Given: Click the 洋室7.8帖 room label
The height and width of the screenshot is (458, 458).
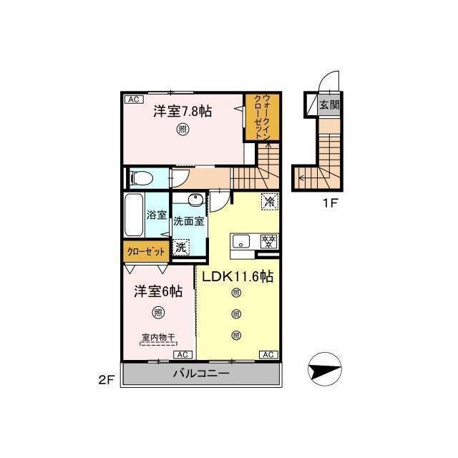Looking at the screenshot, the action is (182, 112).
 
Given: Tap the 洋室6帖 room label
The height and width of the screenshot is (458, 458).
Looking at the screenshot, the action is (158, 291).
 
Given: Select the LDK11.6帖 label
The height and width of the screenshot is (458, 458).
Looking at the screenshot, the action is (238, 276).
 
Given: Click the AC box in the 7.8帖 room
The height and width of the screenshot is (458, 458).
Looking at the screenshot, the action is (134, 99).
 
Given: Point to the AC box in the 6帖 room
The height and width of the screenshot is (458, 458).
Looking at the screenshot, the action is (183, 355).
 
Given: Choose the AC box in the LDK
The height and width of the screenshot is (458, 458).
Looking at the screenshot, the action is (269, 355).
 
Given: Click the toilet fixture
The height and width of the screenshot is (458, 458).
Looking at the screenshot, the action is (141, 178).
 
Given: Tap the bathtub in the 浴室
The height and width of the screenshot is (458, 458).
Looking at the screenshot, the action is (134, 215).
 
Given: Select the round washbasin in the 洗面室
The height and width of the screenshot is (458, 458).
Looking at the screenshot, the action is (195, 200).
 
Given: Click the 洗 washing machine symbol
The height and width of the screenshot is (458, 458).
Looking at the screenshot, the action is (181, 248).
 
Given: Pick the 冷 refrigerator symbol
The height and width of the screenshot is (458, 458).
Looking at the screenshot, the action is (270, 201).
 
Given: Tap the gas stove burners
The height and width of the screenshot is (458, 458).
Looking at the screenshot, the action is (269, 242).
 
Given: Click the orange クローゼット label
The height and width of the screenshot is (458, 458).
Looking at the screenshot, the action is (146, 252).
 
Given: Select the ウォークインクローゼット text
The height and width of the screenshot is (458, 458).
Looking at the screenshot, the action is (263, 117).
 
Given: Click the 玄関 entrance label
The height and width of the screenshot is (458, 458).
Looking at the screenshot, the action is (329, 104).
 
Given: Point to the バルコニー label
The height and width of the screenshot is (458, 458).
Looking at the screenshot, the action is (201, 374).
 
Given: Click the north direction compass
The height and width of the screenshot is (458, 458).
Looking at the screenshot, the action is (325, 369).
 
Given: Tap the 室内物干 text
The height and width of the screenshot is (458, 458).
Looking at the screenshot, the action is (158, 337).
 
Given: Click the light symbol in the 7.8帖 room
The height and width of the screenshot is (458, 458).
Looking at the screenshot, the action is (182, 129).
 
